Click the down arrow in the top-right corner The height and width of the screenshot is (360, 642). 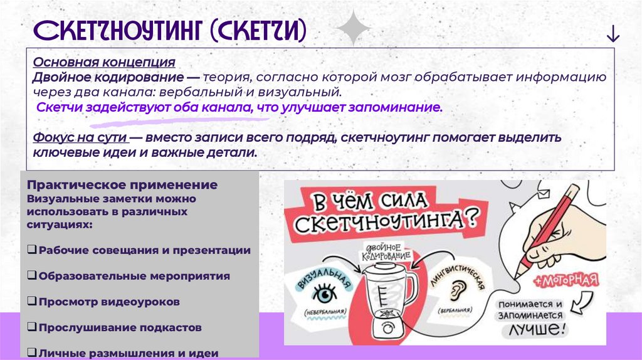(x=613, y=36)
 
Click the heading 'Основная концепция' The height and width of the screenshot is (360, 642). (x=104, y=63)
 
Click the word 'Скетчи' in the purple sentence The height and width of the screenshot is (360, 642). (x=57, y=108)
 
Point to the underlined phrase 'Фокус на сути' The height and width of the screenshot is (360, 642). (x=81, y=137)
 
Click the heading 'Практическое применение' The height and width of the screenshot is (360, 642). (x=122, y=186)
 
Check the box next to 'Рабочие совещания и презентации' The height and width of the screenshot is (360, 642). (x=31, y=250)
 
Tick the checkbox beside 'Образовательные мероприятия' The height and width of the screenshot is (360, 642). (x=31, y=276)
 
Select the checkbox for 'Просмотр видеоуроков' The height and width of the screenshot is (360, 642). (x=31, y=302)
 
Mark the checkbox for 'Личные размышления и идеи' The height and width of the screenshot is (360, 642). (x=31, y=353)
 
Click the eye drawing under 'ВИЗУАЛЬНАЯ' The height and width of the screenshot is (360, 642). (x=325, y=293)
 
